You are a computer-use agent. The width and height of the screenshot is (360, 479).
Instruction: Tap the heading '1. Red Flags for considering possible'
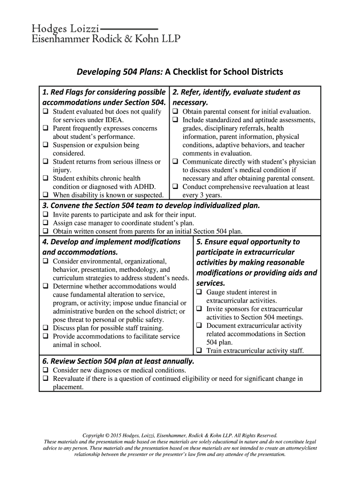[x=104, y=92]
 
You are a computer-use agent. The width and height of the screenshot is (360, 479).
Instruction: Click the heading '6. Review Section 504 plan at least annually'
[x=118, y=361]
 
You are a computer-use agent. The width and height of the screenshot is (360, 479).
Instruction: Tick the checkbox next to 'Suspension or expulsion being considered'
[x=46, y=145]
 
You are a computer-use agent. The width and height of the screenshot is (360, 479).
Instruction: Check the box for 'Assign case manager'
[x=46, y=223]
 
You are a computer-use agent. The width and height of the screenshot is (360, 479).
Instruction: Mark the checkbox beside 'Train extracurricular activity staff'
[x=199, y=350]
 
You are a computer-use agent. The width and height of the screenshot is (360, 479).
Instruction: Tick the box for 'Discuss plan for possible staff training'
[x=46, y=328]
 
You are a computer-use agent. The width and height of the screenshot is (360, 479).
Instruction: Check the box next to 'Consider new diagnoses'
[x=46, y=370]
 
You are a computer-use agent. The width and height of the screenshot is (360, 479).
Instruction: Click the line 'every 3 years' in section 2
[x=202, y=195]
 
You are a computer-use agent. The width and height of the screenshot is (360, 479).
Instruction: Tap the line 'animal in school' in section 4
[x=77, y=345]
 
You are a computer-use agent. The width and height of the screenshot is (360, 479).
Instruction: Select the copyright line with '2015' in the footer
[x=180, y=435]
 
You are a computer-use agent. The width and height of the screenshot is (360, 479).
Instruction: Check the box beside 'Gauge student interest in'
[x=199, y=292]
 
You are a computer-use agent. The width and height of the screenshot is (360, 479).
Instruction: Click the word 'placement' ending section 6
[x=68, y=387]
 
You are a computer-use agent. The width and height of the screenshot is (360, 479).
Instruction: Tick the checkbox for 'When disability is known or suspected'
[x=46, y=195]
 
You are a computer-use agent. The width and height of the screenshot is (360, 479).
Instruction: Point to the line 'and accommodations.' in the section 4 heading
[x=80, y=252]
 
